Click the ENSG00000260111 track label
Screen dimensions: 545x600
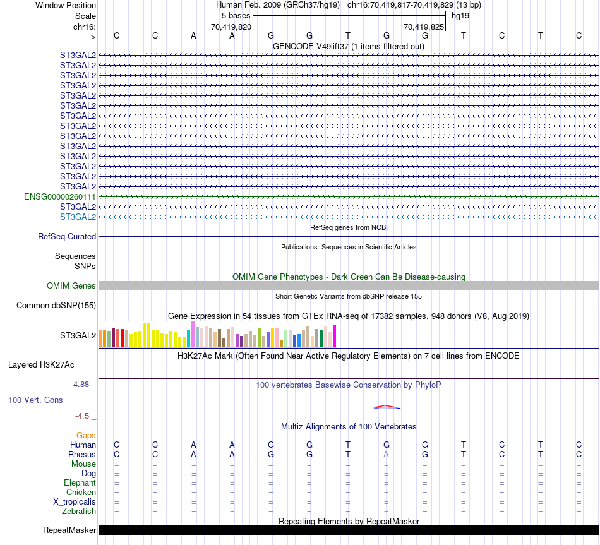pos(60,196)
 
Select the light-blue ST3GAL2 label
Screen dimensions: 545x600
pos(78,217)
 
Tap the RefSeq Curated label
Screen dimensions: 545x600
pos(67,236)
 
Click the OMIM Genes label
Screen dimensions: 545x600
pos(71,286)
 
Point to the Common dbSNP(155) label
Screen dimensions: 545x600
pos(56,306)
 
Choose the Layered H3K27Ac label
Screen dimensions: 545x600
pos(41,364)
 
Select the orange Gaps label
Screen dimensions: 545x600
pos(86,435)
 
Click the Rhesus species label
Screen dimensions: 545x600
pos(82,454)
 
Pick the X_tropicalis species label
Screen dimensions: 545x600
pos(75,501)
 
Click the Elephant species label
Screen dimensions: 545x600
pos(80,482)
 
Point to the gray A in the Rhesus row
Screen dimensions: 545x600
pos(387,454)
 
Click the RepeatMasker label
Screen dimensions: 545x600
pos(69,530)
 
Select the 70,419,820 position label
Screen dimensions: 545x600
pos(231,27)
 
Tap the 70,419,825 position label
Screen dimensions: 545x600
pos(424,27)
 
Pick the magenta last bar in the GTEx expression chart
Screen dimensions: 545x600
pos(335,336)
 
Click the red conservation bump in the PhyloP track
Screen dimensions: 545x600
pos(387,406)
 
